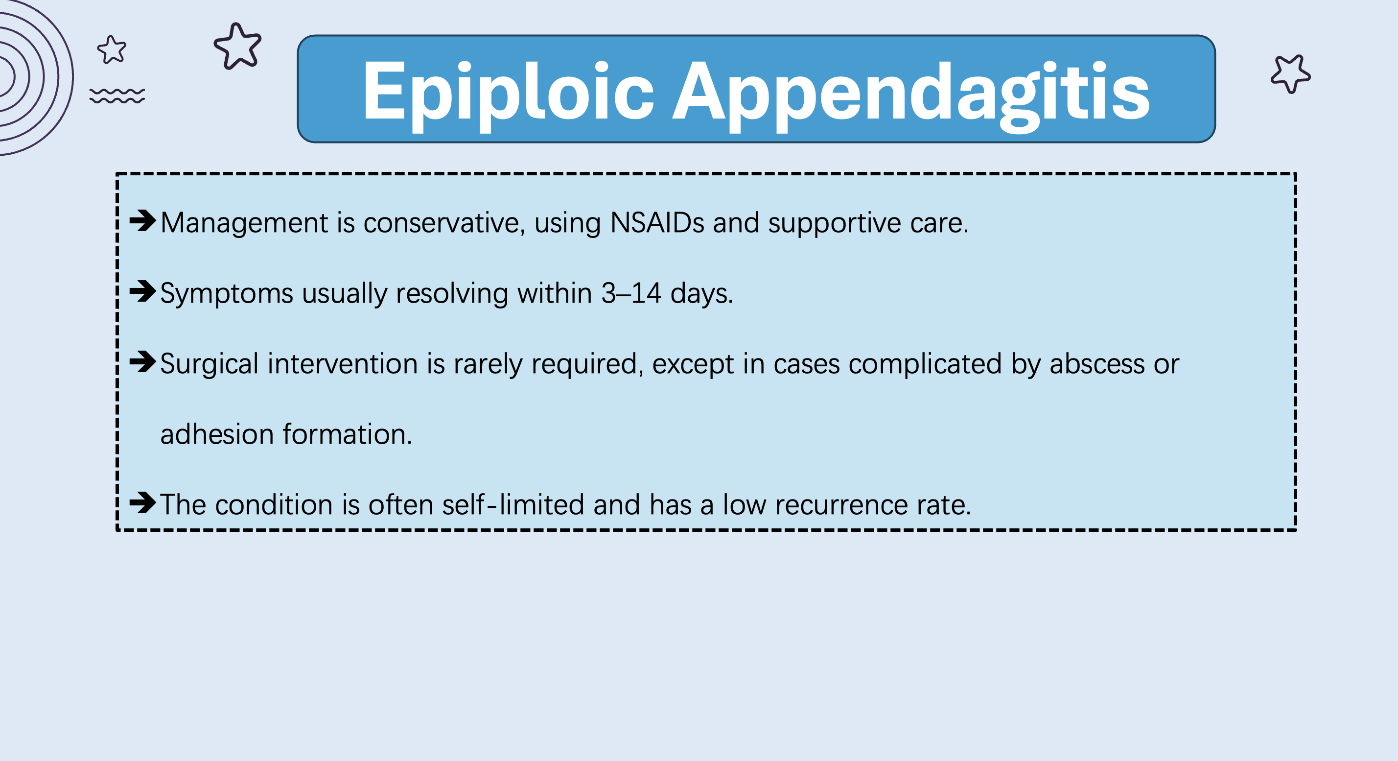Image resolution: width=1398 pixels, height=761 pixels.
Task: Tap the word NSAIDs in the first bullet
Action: [657, 222]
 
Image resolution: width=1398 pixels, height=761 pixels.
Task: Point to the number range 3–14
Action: [631, 293]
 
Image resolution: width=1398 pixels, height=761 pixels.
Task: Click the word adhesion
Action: [216, 434]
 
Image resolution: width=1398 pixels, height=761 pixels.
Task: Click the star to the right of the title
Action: [1290, 73]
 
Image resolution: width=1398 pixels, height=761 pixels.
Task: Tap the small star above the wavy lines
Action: [112, 50]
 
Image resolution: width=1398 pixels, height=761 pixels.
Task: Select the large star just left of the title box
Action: [238, 46]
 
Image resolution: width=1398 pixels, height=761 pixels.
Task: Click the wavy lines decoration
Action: [117, 95]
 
